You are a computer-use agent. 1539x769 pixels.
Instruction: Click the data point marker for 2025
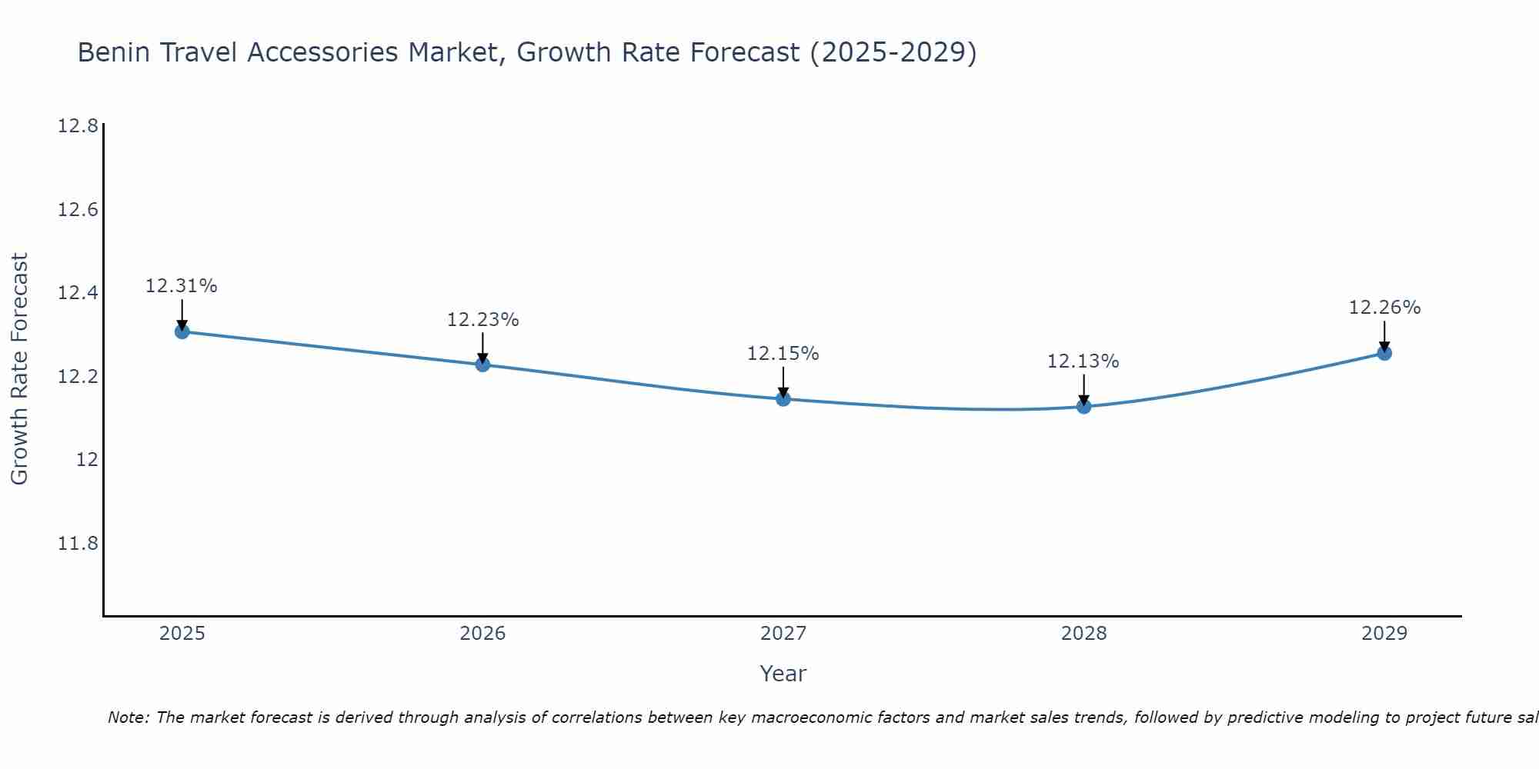coord(182,331)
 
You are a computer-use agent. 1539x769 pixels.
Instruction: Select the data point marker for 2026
coord(482,365)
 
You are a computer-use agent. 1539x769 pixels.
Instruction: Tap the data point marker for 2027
coord(783,398)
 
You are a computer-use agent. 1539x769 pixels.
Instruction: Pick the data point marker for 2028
coord(1083,406)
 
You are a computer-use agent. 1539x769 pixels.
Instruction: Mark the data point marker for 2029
coord(1384,353)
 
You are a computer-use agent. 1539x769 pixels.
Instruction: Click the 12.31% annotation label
coord(182,286)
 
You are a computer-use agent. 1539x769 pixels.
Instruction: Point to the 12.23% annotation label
coord(482,320)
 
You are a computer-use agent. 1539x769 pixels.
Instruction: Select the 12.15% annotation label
coord(783,354)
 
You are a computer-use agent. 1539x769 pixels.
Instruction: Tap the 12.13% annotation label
coord(1083,361)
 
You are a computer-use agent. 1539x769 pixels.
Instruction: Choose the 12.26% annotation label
coord(1384,308)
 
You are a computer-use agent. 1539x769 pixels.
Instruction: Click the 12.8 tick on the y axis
coord(78,126)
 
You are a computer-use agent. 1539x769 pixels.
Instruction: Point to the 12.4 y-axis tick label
coord(78,293)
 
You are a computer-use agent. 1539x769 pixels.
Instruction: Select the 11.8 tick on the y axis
coord(78,544)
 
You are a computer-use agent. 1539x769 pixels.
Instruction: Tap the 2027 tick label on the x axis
coord(783,634)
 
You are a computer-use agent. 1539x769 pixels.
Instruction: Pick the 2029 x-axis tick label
coord(1384,634)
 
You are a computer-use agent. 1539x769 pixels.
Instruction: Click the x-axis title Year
coord(783,674)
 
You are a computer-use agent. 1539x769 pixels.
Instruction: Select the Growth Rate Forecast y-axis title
coord(19,368)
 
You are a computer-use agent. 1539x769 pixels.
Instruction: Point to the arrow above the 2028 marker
coord(1083,389)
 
